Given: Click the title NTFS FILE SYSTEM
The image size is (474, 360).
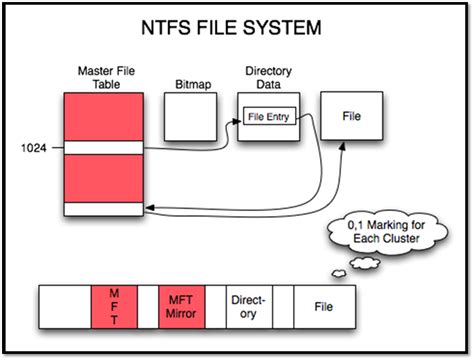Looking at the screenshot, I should [x=236, y=28].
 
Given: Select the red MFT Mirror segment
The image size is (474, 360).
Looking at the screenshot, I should [x=180, y=303].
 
